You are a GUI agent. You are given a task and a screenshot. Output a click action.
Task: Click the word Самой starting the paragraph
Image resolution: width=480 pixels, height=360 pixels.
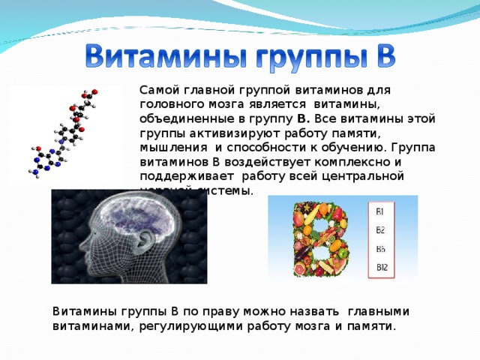click(157, 89)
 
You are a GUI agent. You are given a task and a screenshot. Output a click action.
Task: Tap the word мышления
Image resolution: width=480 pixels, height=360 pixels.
click(167, 146)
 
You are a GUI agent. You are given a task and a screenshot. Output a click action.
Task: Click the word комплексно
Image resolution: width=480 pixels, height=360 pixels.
click(361, 160)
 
